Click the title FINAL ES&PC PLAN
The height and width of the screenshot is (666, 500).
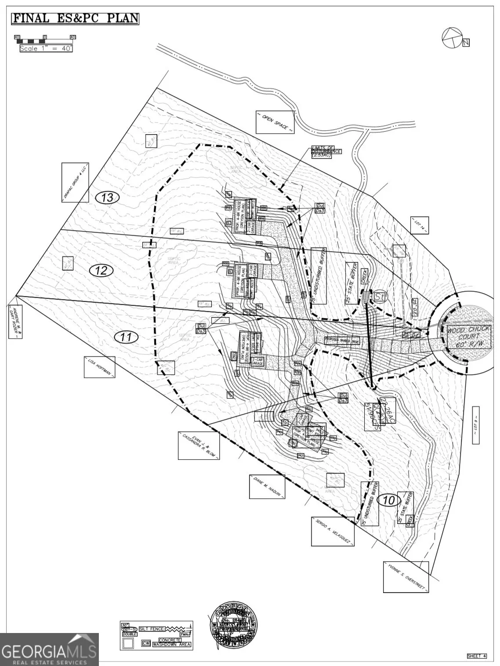(75, 18)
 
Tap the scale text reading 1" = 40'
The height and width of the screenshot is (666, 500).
(46, 48)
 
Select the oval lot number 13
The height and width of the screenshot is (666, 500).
(107, 198)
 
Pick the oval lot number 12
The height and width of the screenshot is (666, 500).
(101, 270)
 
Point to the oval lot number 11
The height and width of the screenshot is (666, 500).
(126, 337)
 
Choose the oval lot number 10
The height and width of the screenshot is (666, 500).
(388, 500)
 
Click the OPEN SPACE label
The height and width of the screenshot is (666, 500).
(275, 122)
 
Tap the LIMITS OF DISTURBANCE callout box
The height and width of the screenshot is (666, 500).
(326, 152)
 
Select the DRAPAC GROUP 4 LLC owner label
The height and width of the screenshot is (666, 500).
(75, 182)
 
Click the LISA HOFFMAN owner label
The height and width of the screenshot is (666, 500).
(99, 367)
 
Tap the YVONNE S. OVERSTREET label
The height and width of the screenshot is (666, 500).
(406, 577)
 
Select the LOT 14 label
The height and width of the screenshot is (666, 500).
(420, 225)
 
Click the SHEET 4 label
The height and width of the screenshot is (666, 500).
(476, 656)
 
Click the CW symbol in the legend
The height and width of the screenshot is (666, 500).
(146, 643)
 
